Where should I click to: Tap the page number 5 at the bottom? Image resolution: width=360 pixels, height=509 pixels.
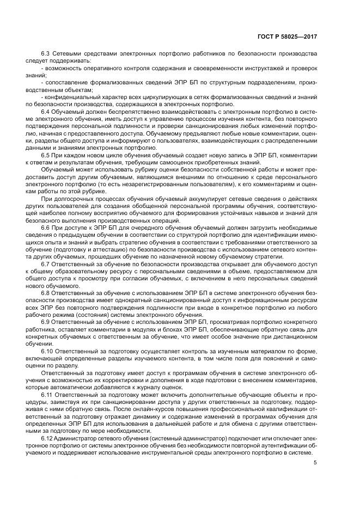tap(315, 463)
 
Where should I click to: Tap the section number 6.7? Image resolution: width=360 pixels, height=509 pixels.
tap(46, 263)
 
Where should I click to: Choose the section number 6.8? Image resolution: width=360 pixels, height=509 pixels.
tap(46, 292)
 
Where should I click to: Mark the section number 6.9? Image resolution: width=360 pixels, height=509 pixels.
tap(46, 322)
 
